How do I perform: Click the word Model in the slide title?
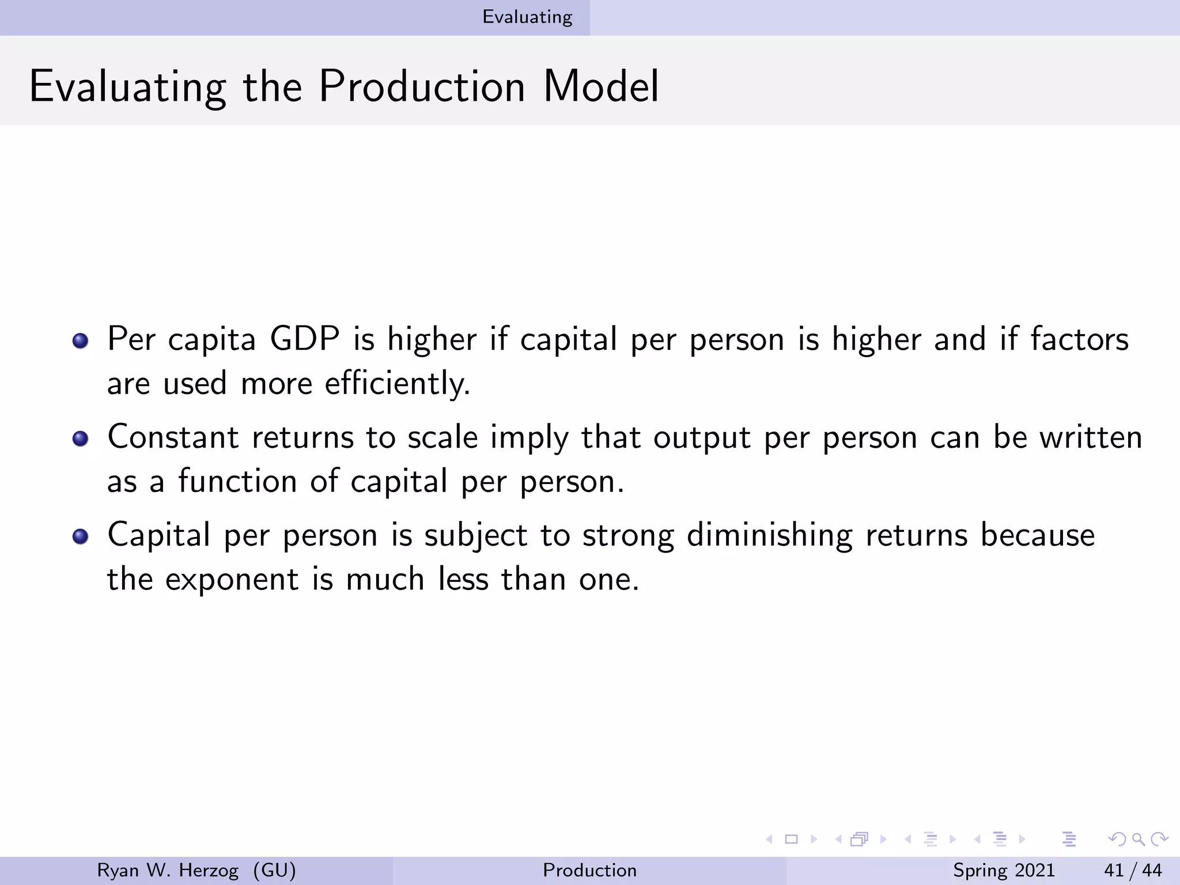click(x=601, y=86)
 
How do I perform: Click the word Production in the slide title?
click(x=422, y=86)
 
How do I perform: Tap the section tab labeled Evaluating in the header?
click(x=527, y=17)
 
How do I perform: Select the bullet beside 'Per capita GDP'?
click(x=81, y=340)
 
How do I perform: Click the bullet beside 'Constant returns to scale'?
click(x=81, y=438)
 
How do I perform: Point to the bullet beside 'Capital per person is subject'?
click(x=81, y=536)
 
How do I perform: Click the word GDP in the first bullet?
click(x=305, y=339)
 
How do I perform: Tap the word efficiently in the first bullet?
click(x=397, y=384)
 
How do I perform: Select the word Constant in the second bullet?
click(x=173, y=437)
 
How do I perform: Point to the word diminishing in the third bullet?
click(x=769, y=535)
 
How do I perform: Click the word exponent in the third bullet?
click(x=232, y=580)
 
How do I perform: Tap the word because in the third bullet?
click(x=1038, y=535)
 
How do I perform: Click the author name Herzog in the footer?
click(x=209, y=870)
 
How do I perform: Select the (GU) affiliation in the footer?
click(x=274, y=870)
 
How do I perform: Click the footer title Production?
click(x=589, y=870)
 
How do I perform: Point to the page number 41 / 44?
click(x=1133, y=870)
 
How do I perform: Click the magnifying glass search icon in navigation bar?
click(x=1138, y=839)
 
